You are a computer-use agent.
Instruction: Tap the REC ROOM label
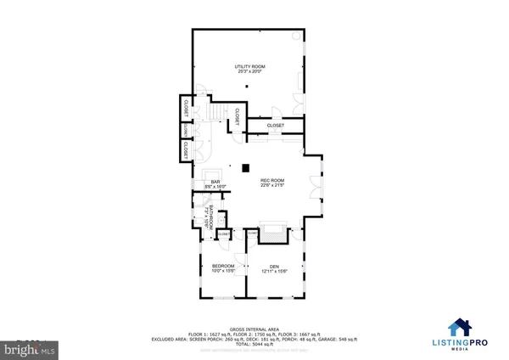271,180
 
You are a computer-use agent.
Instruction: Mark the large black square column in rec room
245,167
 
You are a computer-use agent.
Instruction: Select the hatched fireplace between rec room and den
274,230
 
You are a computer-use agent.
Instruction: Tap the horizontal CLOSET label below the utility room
275,126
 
